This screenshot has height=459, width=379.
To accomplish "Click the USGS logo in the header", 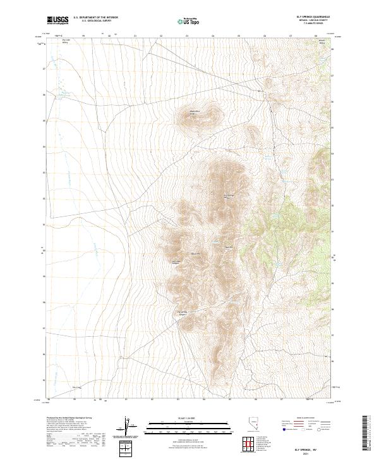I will click(57, 20).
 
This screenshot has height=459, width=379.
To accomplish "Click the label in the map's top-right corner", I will click(322, 42).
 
